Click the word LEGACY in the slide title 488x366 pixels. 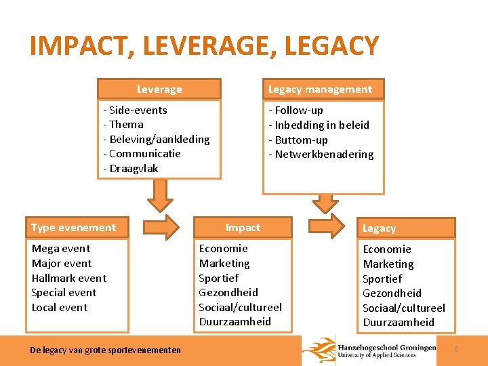pyautogui.click(x=332, y=46)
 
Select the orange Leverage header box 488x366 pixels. pyautogui.click(x=159, y=89)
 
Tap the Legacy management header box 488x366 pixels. pyautogui.click(x=320, y=89)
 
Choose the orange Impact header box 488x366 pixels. pyautogui.click(x=243, y=228)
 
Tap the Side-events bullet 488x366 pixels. pyautogui.click(x=135, y=110)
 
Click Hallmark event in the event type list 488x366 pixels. pyautogui.click(x=68, y=278)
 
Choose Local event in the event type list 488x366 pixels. pyautogui.click(x=59, y=308)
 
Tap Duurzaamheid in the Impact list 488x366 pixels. pyautogui.click(x=235, y=322)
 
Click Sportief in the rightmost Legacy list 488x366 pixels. pyautogui.click(x=382, y=279)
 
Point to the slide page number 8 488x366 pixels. pyautogui.click(x=456, y=349)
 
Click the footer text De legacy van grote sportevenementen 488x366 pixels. pyautogui.click(x=105, y=350)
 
